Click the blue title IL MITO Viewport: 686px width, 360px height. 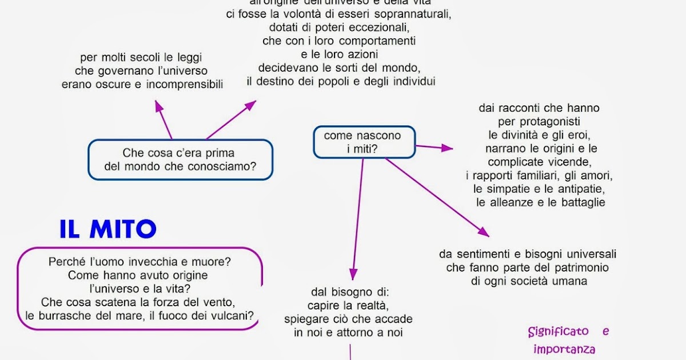108,229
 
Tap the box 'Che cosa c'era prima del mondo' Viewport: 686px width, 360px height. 180,160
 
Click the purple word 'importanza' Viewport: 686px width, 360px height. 564,349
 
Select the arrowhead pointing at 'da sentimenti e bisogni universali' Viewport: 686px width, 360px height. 485,233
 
